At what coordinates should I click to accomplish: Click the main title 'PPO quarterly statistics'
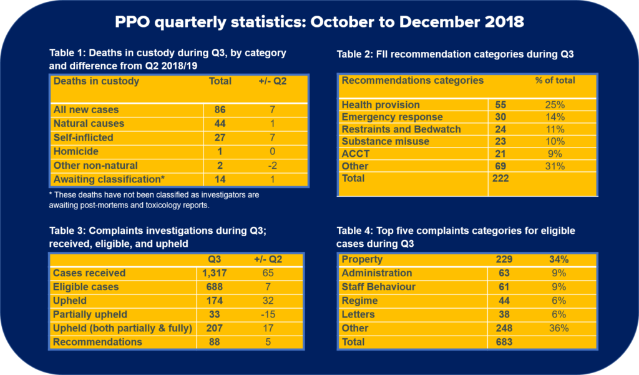click(319, 22)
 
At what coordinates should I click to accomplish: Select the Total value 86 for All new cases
click(219, 109)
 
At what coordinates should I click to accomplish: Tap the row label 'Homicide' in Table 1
click(76, 151)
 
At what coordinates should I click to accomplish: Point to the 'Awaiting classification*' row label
click(109, 179)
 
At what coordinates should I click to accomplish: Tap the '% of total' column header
click(555, 81)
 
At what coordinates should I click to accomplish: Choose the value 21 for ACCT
click(501, 154)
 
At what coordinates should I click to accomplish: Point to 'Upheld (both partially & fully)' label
click(123, 328)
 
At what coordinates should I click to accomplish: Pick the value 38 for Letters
click(504, 314)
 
